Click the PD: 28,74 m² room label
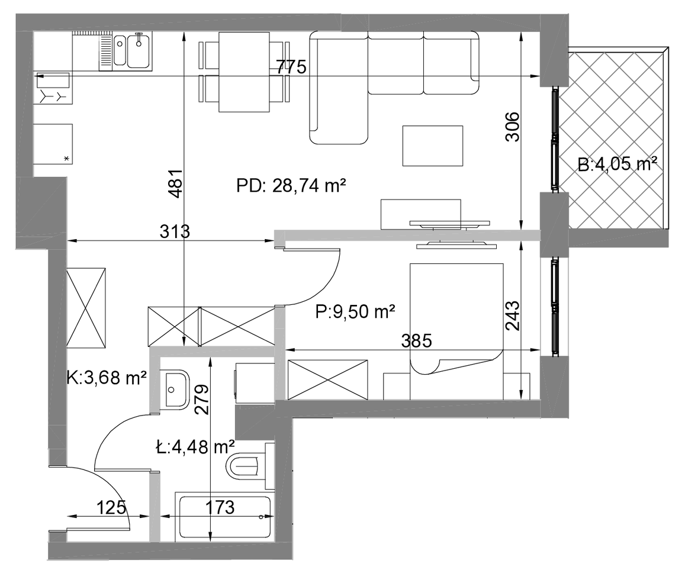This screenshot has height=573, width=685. pyautogui.click(x=291, y=186)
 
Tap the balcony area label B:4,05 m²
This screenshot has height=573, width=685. pyautogui.click(x=618, y=164)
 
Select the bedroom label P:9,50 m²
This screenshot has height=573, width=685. pyautogui.click(x=355, y=312)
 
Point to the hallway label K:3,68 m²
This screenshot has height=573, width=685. pyautogui.click(x=107, y=377)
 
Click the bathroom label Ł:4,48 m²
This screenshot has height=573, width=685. pyautogui.click(x=195, y=447)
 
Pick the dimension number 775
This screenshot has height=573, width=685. pyautogui.click(x=291, y=67)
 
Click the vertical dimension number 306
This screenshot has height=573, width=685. pyautogui.click(x=513, y=127)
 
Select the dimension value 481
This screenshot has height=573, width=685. pyautogui.click(x=176, y=184)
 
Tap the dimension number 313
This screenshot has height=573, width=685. pyautogui.click(x=175, y=231)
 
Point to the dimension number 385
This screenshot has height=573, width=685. pyautogui.click(x=416, y=340)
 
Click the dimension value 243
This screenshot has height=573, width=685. pyautogui.click(x=513, y=316)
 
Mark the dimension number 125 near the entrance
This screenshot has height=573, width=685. pyautogui.click(x=111, y=507)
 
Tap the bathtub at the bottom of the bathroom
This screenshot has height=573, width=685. pyautogui.click(x=224, y=517)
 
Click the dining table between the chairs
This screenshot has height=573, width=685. pyautogui.click(x=244, y=72)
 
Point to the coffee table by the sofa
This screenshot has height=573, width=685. pyautogui.click(x=433, y=146)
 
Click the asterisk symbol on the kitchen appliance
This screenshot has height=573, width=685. pyautogui.click(x=66, y=158)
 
